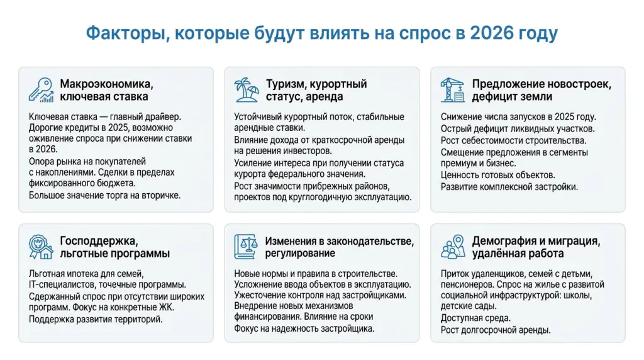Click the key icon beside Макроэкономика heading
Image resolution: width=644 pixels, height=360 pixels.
41,89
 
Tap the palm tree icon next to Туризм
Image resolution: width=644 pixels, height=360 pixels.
247,89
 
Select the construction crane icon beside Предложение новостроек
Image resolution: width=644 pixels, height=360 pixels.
452,89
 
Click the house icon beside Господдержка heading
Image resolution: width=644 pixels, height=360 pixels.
41,247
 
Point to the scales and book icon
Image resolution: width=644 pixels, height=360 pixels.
247,247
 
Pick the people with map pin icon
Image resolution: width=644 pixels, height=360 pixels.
452,247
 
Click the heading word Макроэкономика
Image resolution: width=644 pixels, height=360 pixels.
106,84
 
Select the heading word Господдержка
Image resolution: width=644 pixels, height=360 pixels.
97,241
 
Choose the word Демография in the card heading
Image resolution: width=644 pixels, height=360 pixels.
508,241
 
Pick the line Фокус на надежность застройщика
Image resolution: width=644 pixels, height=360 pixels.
304,329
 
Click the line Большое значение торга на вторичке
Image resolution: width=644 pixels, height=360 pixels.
104,195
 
